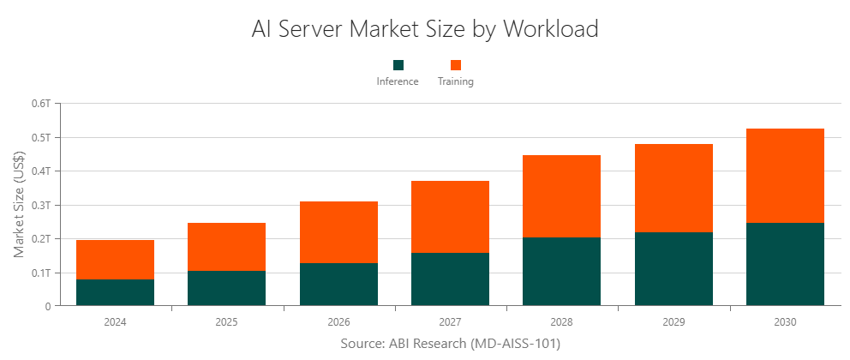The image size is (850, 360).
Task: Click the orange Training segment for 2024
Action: pos(115,260)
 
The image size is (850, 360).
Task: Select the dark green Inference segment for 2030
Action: pos(785,264)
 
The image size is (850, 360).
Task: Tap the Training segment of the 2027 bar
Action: pos(450,217)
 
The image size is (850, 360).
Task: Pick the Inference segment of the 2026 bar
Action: pos(338,284)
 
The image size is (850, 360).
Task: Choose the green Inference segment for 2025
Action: pos(226,288)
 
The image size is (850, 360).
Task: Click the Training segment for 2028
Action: pos(561,196)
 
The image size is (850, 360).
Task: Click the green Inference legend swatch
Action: pos(398,65)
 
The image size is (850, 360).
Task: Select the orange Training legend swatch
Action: pos(456,65)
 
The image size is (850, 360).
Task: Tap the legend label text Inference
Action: pos(398,82)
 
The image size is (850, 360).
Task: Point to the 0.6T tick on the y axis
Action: pos(42,104)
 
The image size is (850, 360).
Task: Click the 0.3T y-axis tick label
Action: pos(42,205)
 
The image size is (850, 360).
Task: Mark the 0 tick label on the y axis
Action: pos(48,306)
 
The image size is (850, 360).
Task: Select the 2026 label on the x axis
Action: pos(338,323)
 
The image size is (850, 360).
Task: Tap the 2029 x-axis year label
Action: pos(673,323)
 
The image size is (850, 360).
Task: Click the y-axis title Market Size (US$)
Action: pos(19,204)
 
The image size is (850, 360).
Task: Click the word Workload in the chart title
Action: pos(550,28)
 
